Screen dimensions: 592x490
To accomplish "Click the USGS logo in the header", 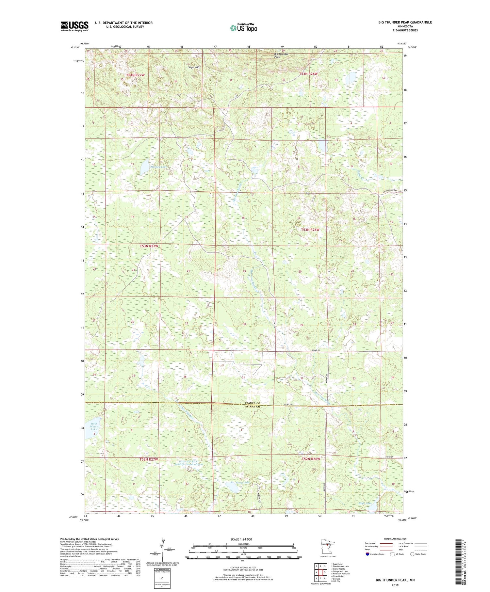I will pyautogui.click(x=74, y=26).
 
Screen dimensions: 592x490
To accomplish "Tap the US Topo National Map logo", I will pyautogui.click(x=243, y=28).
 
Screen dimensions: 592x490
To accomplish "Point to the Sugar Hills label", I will pyautogui.click(x=194, y=67).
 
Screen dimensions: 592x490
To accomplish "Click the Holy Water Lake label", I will pyautogui.click(x=94, y=426).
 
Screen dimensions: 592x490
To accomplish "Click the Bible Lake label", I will pyautogui.click(x=365, y=504).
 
